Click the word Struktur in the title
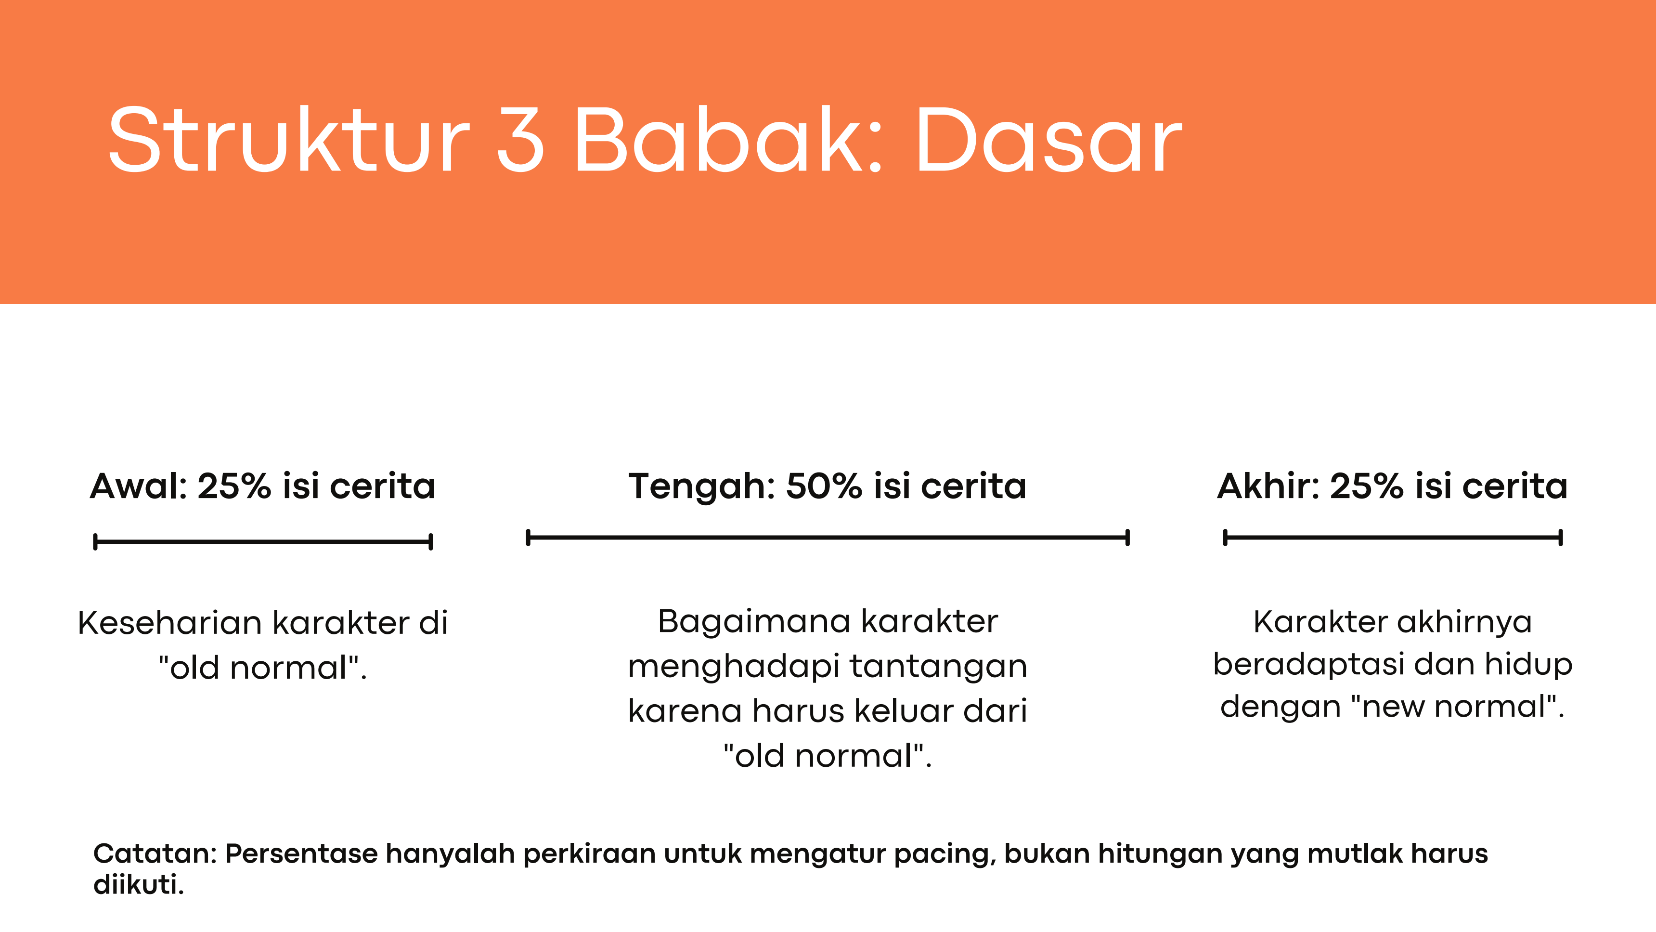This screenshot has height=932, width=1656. pos(289,140)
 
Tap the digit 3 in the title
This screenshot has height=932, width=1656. pos(521,140)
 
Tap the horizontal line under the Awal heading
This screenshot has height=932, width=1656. pos(263,541)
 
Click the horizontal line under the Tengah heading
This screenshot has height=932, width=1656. pos(828,537)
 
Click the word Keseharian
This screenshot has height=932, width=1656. pos(170,623)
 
